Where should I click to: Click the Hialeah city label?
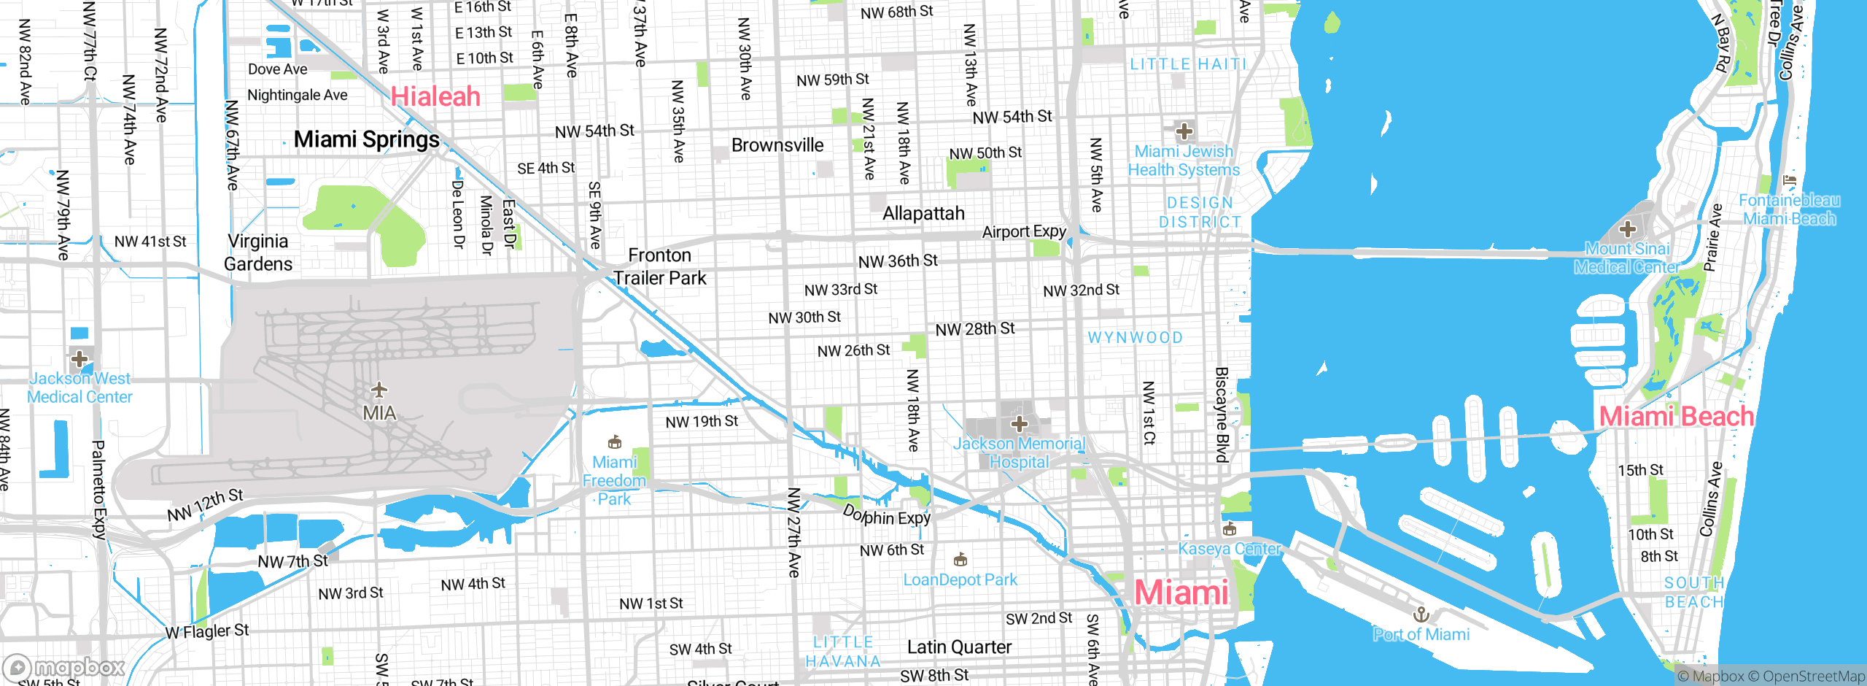tap(435, 96)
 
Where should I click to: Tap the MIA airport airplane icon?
tap(379, 389)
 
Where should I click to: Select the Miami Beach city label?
tap(1676, 417)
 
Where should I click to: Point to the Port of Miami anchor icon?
tap(1420, 614)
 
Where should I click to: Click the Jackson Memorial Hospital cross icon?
tap(1019, 423)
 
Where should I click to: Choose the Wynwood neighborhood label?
tap(1135, 338)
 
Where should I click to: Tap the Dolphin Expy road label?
tap(887, 515)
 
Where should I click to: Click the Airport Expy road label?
tap(1023, 232)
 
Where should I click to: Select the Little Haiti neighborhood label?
tap(1188, 64)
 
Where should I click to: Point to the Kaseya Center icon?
tap(1230, 528)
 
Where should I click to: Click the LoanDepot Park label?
tap(960, 580)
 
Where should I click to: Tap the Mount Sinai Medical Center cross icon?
tap(1627, 229)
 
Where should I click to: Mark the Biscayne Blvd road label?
tap(1222, 415)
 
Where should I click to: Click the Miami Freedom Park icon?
tap(615, 442)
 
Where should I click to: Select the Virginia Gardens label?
tap(258, 253)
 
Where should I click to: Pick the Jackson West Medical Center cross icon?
tap(79, 359)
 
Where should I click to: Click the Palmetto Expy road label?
tap(98, 489)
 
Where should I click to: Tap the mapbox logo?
tap(63, 667)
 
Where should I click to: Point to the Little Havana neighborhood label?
tap(843, 652)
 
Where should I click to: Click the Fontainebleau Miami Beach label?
tap(1789, 209)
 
